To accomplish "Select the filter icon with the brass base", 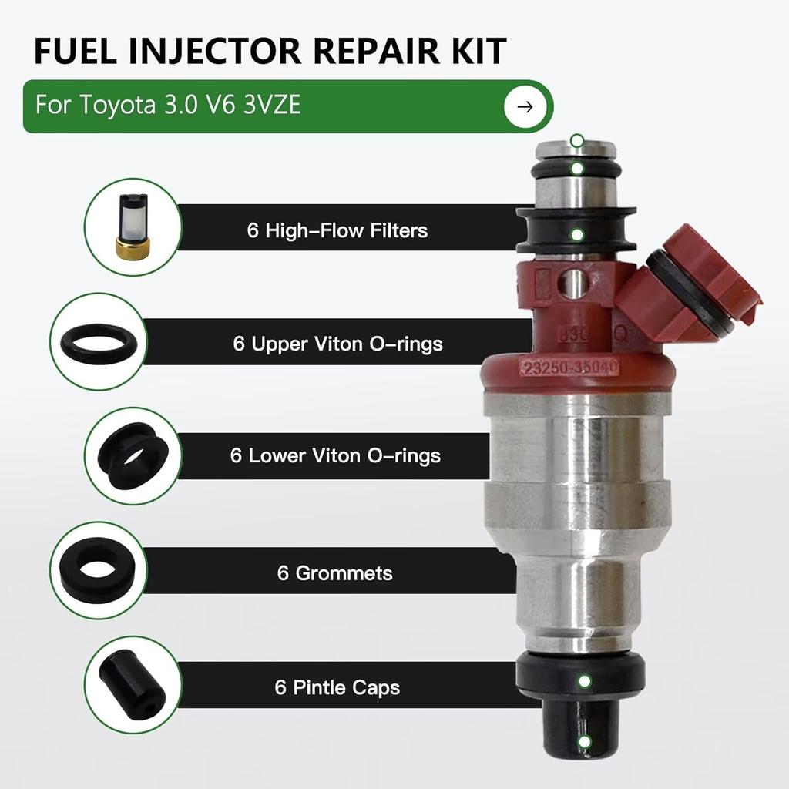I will point(131,227).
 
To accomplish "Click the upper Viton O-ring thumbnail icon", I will point(98,341).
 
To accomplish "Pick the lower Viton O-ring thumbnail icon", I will point(132,455).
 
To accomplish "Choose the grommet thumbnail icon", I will point(98,569).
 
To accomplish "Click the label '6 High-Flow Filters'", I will point(337,230).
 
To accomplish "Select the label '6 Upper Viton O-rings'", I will point(337,343).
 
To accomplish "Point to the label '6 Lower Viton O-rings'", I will point(335,455).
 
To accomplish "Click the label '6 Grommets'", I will point(335,572).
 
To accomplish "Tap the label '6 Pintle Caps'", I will point(337,686).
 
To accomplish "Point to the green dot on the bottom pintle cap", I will point(585,744).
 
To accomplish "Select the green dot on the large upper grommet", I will point(576,233).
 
